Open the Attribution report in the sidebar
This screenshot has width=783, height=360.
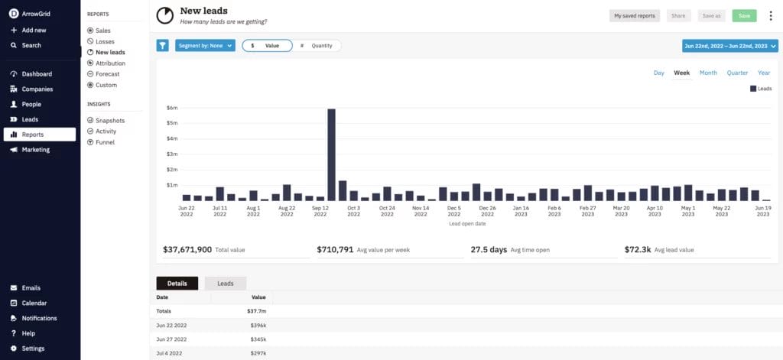[x=110, y=63]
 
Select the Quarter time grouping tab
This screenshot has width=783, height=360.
[x=737, y=73]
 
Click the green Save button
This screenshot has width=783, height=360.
[x=744, y=15]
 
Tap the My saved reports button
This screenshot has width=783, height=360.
[x=635, y=15]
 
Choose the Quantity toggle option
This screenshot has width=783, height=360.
[x=317, y=46]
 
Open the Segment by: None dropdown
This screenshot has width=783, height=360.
[x=205, y=46]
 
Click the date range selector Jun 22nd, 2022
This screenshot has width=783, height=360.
[x=729, y=46]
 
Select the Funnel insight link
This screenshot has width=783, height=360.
[x=106, y=142]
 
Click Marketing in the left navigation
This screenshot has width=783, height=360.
[x=35, y=150]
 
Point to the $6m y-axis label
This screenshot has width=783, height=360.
[x=172, y=108]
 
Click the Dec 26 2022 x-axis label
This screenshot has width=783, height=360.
[x=488, y=211]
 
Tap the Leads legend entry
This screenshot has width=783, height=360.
[x=761, y=89]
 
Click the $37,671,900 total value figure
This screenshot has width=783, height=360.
[x=187, y=250]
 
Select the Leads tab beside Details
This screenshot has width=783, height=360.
[x=226, y=284]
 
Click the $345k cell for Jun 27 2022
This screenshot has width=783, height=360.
[x=258, y=339]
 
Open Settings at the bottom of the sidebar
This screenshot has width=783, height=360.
[x=33, y=349]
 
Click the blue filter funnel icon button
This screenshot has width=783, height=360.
[x=162, y=46]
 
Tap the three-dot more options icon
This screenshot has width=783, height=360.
[x=770, y=15]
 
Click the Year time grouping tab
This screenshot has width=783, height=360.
[x=764, y=73]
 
